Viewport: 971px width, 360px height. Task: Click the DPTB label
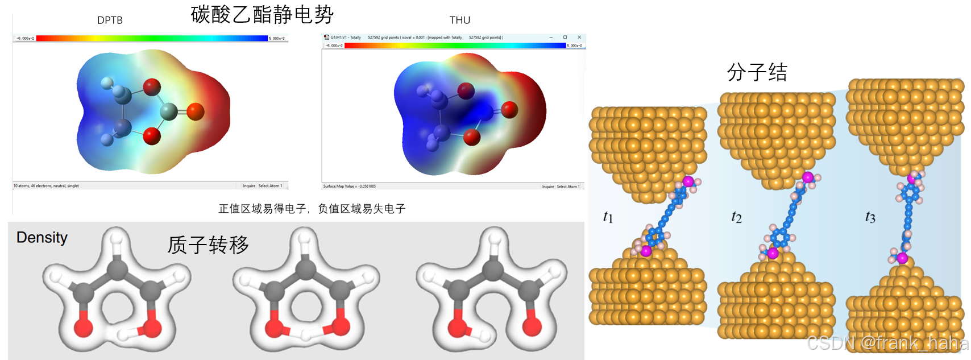[x=110, y=20]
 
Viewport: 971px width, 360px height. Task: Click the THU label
[x=460, y=20]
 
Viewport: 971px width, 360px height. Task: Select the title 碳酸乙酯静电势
[x=262, y=14]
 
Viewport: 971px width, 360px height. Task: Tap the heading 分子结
[x=757, y=72]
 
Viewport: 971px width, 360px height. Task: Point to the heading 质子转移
[x=208, y=245]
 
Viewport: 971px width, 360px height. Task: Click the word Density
[x=42, y=237]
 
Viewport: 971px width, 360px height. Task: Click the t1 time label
[x=608, y=217]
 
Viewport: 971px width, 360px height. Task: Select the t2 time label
[x=736, y=217]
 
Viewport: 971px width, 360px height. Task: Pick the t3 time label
[x=870, y=217]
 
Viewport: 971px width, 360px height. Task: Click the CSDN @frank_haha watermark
[x=887, y=343]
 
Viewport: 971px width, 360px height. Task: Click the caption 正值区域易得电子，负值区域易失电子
[x=312, y=209]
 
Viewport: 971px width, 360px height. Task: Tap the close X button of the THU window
[x=579, y=38]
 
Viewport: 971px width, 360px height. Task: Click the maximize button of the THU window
[x=565, y=38]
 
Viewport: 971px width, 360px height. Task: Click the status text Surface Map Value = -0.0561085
[x=349, y=186]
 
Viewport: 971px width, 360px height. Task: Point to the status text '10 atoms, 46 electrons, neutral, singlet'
[x=47, y=185]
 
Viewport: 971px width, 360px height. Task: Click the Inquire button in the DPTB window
[x=249, y=185]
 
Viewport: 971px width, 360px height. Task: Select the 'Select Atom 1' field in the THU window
[x=568, y=186]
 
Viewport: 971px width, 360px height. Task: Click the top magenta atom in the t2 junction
[x=808, y=177]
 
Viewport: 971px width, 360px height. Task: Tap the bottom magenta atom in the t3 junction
[x=902, y=259]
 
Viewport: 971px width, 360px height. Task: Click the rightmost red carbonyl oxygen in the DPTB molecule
[x=195, y=111]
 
